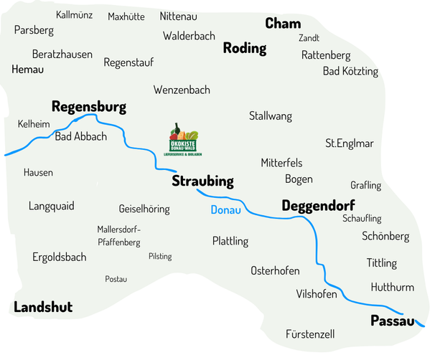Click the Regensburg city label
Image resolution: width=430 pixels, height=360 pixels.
click(88, 107)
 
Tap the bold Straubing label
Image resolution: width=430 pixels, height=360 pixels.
click(202, 181)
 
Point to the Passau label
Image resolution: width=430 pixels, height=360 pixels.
click(393, 321)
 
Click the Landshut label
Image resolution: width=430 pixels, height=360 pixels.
click(43, 307)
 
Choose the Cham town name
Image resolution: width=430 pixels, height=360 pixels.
click(283, 24)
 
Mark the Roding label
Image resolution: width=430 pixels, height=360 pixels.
click(245, 49)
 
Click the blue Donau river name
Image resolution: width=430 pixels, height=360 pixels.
click(225, 210)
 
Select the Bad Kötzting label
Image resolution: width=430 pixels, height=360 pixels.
click(350, 71)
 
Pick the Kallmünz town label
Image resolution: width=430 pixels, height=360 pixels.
click(74, 14)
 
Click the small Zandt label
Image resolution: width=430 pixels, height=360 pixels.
click(309, 38)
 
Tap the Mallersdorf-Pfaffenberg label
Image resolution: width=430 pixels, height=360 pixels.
click(118, 236)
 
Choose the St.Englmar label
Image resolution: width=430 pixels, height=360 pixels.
click(350, 143)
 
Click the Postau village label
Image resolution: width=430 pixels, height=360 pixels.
click(116, 279)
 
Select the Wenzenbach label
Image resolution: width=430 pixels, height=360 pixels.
click(182, 90)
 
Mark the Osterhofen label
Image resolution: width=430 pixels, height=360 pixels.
click(275, 270)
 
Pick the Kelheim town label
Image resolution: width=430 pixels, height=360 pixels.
click(33, 124)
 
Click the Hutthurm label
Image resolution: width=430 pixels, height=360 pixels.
click(392, 287)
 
